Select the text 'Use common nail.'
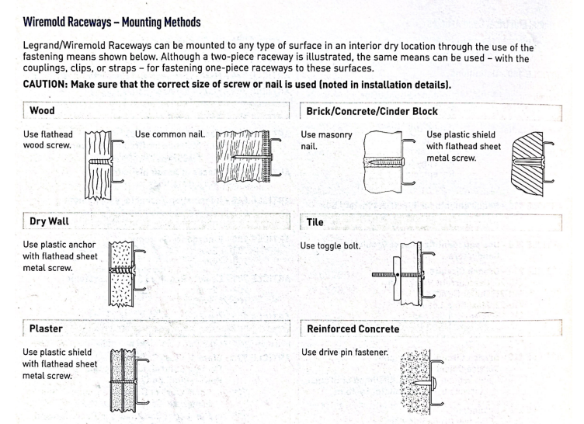pos(170,134)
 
